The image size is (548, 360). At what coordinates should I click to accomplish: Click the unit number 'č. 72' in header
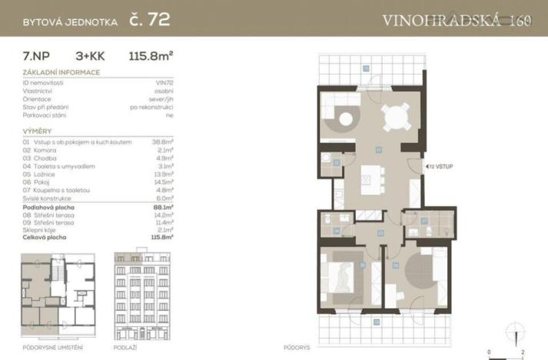[148, 20]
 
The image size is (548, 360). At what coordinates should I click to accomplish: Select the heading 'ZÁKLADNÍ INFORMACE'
[61, 73]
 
